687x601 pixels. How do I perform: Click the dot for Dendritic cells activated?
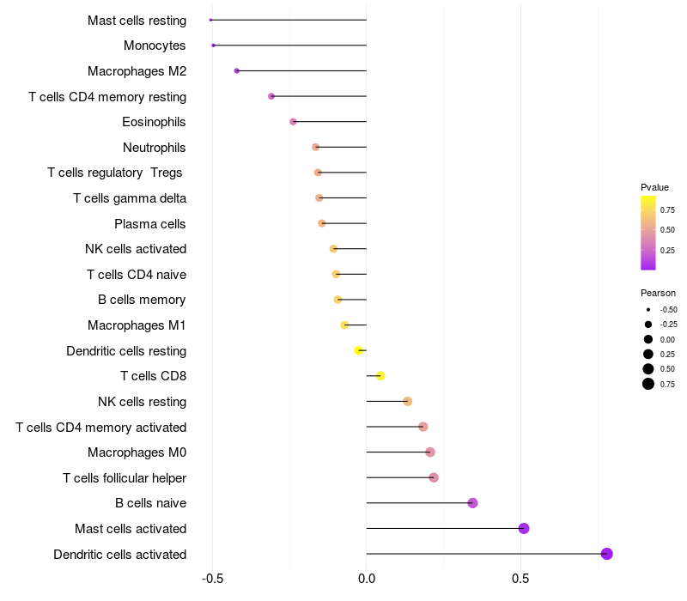click(607, 554)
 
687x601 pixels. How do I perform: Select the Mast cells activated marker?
click(524, 528)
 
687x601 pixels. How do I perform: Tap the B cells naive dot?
click(472, 503)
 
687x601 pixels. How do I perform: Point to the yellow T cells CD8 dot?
click(380, 376)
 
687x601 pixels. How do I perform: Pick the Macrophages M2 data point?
click(237, 70)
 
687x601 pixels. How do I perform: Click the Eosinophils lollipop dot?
click(293, 122)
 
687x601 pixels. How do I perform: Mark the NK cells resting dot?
click(408, 401)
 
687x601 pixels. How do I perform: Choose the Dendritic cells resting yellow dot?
click(359, 350)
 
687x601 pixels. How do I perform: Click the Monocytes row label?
click(155, 46)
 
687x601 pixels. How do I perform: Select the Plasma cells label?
click(150, 224)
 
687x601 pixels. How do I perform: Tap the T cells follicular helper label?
click(125, 478)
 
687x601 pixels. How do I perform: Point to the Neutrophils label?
click(155, 148)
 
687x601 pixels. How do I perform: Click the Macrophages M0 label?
click(137, 452)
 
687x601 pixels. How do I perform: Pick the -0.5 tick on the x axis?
click(212, 580)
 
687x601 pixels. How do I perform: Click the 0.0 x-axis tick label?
click(367, 580)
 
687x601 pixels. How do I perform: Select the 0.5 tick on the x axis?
click(520, 580)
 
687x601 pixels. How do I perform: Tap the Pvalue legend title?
click(654, 187)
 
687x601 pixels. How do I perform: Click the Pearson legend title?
click(658, 293)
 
